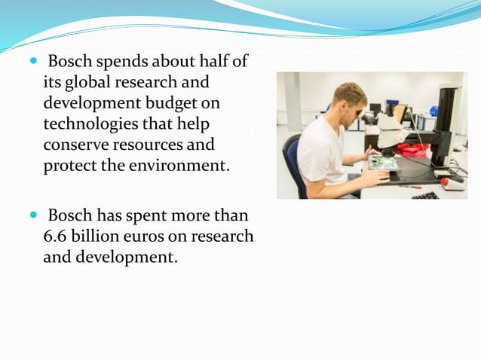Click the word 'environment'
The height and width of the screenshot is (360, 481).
pos(173,164)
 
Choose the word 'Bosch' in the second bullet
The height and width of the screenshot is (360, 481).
pos(74,216)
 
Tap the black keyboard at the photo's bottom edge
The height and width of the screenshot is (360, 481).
pos(427,194)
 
